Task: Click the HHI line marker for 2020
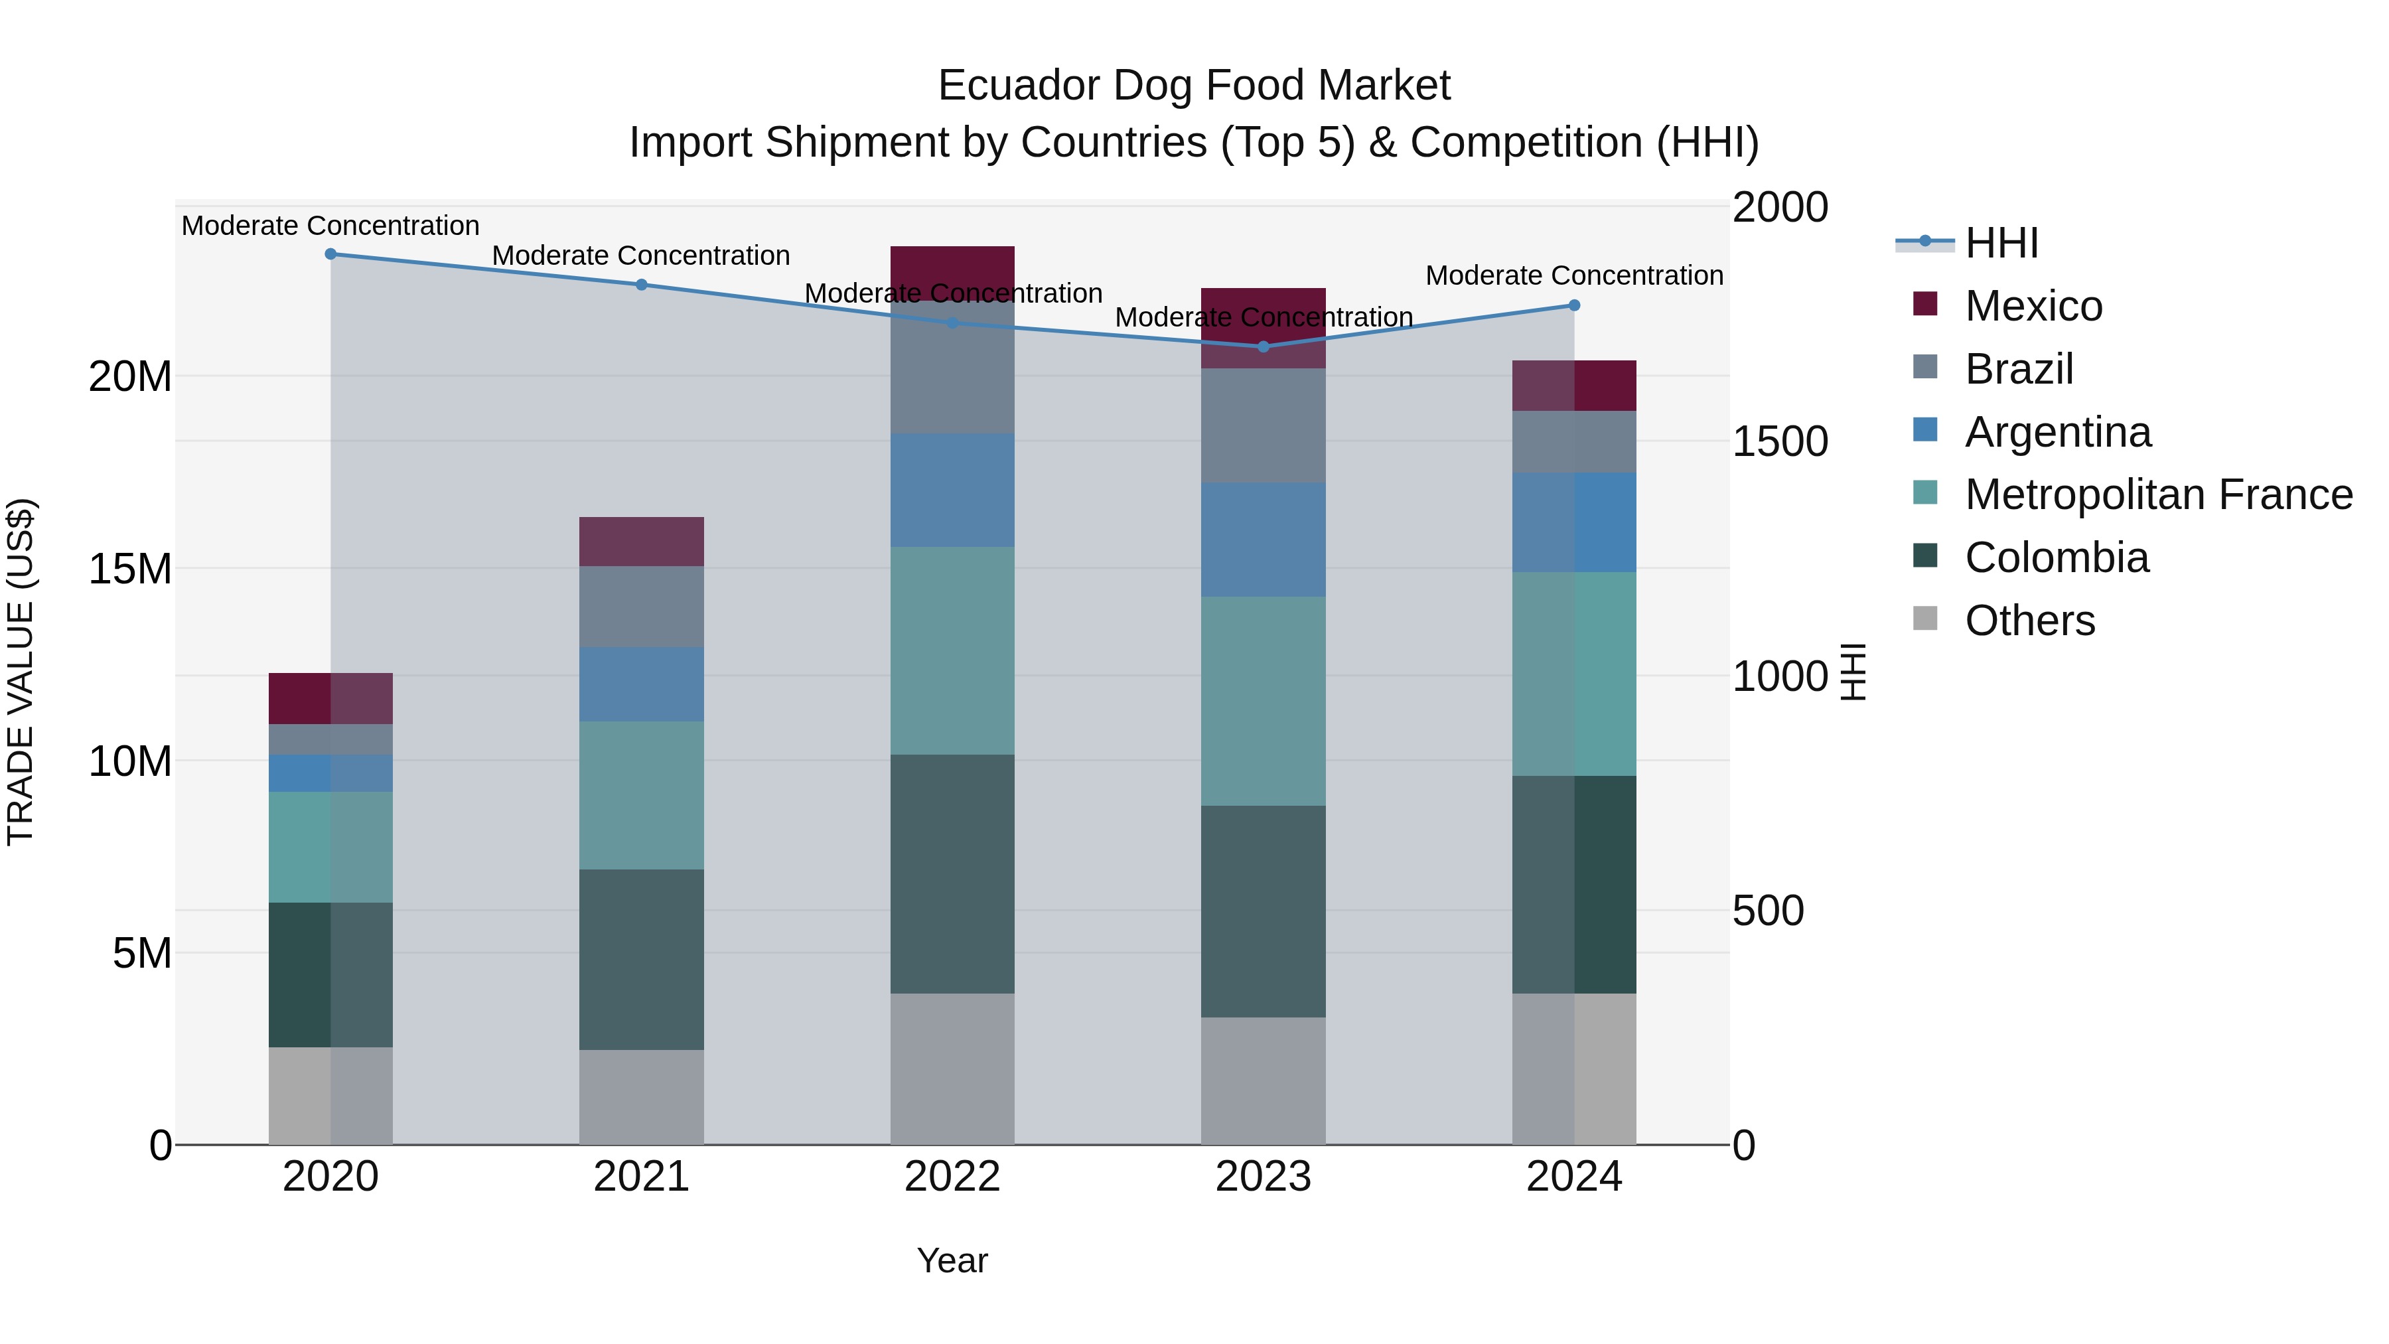coord(330,254)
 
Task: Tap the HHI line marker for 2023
coord(1263,347)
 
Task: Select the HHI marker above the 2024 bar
coord(1574,305)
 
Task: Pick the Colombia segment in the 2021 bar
coord(641,959)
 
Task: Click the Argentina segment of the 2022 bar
coord(952,490)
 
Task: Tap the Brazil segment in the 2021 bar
coord(641,606)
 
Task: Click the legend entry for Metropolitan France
coord(2158,494)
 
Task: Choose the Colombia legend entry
coord(2056,558)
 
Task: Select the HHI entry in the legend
coord(2001,243)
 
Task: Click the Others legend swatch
coord(1925,619)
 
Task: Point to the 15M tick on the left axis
coord(130,569)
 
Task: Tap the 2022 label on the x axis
coord(952,1177)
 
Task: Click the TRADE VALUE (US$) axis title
coord(21,672)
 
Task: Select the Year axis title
coord(952,1260)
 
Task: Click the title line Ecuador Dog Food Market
coord(1194,86)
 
